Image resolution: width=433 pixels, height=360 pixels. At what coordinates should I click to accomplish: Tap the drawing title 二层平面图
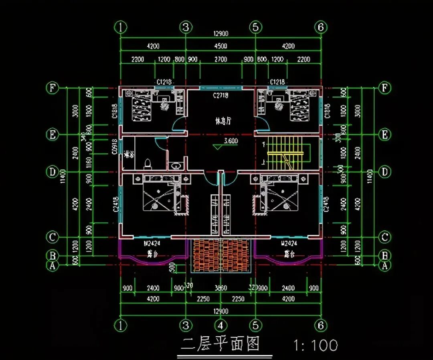(x=220, y=344)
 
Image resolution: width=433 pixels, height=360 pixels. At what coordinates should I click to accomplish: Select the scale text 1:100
(x=316, y=345)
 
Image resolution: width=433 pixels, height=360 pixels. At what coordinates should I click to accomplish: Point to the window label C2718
(x=221, y=96)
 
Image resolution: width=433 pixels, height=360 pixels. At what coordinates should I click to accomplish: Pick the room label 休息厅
(x=224, y=121)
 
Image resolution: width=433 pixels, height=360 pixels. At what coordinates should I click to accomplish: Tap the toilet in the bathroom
(x=148, y=164)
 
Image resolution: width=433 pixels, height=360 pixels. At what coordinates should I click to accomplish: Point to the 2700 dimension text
(x=221, y=59)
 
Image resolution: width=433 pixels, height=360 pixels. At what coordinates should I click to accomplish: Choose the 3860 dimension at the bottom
(x=221, y=288)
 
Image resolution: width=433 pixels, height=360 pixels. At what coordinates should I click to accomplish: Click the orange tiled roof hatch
(x=221, y=256)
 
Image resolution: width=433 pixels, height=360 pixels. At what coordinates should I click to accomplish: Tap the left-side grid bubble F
(x=52, y=88)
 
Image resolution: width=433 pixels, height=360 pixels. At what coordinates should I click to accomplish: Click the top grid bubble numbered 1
(x=121, y=27)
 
